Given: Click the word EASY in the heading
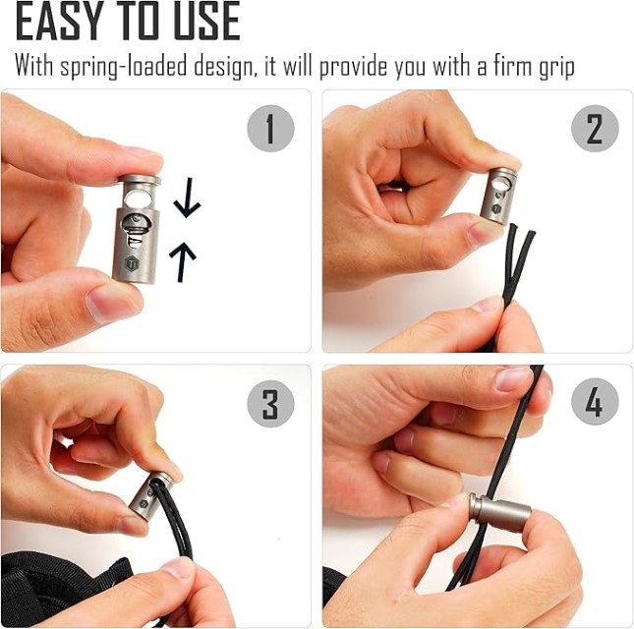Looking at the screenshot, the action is [58, 21].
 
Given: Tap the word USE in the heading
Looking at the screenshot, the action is [206, 21].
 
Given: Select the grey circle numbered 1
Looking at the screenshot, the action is [270, 129].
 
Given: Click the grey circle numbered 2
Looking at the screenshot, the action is [595, 129].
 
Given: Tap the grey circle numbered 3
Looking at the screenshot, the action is [270, 403].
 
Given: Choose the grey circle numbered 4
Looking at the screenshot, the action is [595, 401].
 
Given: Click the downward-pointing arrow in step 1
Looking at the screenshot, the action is [187, 198].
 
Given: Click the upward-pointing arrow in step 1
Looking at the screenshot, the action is [183, 261].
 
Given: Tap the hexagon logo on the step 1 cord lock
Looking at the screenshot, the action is [132, 264].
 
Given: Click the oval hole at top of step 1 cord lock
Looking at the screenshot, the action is [137, 199].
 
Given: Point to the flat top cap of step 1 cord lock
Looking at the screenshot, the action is [140, 180].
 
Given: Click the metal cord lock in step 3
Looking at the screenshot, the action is [150, 495].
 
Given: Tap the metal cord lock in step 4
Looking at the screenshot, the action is [500, 513].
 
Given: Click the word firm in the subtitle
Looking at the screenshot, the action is [513, 66].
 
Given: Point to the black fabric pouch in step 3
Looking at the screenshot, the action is [61, 586].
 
